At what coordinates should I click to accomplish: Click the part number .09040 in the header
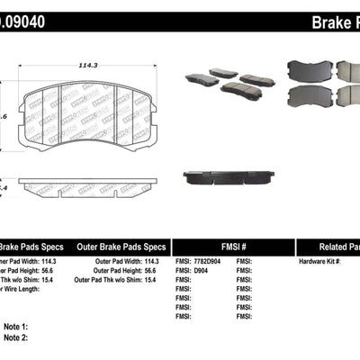coord(21,19)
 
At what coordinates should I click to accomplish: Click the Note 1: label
coord(15,327)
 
